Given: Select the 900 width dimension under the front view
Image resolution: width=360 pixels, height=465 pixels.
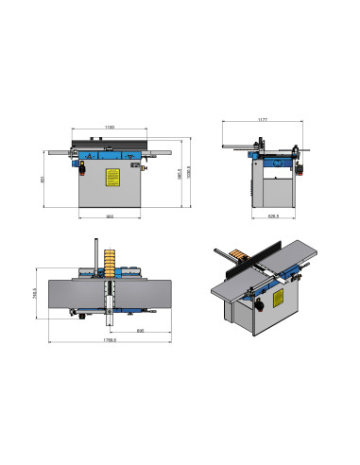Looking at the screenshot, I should point(110,217).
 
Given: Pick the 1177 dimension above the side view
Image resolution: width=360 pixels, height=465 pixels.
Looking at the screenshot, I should point(265,120).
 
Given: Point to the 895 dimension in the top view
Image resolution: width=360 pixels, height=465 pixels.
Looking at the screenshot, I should point(140,331).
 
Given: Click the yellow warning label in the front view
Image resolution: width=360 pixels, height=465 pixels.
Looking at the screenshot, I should point(111,176).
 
